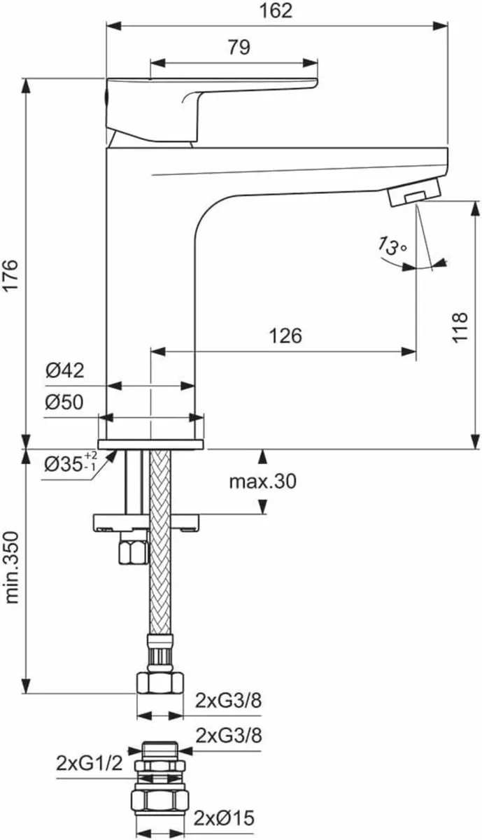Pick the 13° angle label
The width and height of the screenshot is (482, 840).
(x=392, y=246)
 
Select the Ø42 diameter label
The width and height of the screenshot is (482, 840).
(x=65, y=371)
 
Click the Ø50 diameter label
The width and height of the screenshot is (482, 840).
(x=65, y=402)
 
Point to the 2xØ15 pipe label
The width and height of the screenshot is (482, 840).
(x=225, y=817)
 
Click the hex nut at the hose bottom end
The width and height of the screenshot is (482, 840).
(x=160, y=682)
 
